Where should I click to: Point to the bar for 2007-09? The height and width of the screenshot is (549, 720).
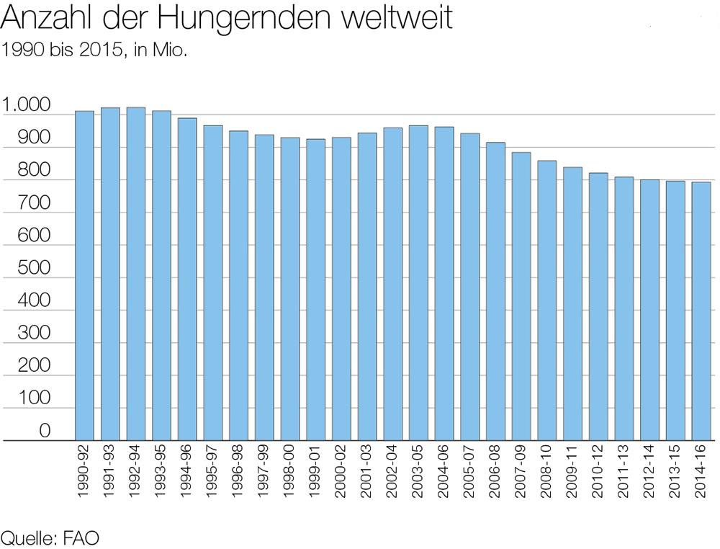521,296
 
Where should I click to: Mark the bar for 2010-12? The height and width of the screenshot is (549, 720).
598,306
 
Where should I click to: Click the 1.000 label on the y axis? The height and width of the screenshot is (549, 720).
27,105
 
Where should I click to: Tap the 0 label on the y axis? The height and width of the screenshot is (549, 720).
45,431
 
